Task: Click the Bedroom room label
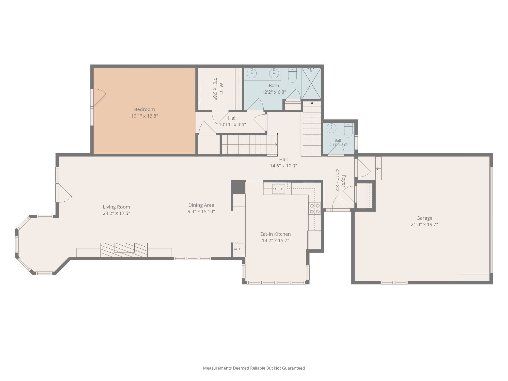(x=144, y=109)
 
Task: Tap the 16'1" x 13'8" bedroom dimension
(x=144, y=116)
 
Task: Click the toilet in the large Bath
(x=292, y=75)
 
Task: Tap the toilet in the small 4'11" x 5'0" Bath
(x=348, y=130)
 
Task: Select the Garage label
(x=424, y=218)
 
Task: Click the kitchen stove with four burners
(x=315, y=209)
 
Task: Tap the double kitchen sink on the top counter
(x=278, y=189)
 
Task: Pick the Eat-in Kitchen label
(x=275, y=234)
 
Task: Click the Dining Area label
(x=201, y=205)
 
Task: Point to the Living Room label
(x=116, y=207)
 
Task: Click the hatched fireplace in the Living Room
(x=124, y=250)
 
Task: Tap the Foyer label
(x=344, y=181)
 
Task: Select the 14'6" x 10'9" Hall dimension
(x=283, y=166)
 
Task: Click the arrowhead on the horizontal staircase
(x=276, y=145)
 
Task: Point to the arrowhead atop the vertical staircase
(x=312, y=103)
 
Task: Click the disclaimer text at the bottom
(x=254, y=368)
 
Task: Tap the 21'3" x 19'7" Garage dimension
(x=424, y=225)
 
